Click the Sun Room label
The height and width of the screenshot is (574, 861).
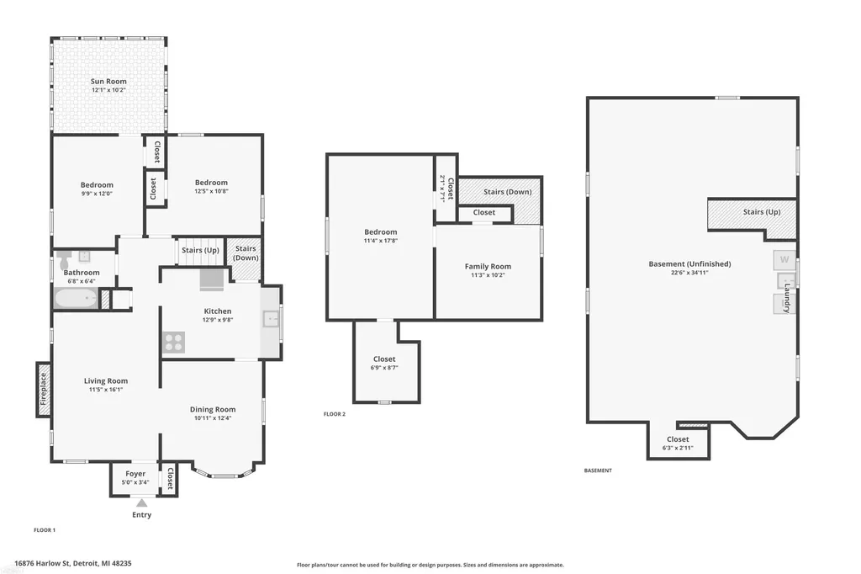click(x=108, y=82)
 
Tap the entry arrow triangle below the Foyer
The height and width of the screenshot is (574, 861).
click(x=141, y=502)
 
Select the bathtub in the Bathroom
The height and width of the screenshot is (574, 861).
click(x=76, y=299)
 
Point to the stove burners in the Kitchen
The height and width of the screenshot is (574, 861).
click(x=173, y=342)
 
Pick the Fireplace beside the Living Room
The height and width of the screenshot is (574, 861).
click(x=44, y=389)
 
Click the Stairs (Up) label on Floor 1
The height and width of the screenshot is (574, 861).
click(x=200, y=250)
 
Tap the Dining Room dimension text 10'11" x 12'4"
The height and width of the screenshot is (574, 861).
click(x=213, y=417)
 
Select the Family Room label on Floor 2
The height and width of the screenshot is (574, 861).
click(x=488, y=267)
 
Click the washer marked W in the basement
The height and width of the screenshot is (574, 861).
click(x=784, y=259)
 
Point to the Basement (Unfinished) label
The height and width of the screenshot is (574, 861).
click(x=689, y=264)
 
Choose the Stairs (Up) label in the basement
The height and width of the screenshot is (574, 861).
click(x=762, y=212)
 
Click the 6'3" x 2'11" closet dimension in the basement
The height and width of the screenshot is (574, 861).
click(x=678, y=448)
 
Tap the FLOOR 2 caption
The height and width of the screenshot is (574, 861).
click(x=335, y=414)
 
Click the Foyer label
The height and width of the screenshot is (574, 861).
click(x=135, y=474)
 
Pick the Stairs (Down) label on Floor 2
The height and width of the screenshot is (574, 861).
click(x=507, y=192)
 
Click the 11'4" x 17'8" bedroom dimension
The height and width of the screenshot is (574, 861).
click(x=381, y=241)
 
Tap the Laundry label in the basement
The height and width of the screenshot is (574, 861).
click(x=787, y=298)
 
